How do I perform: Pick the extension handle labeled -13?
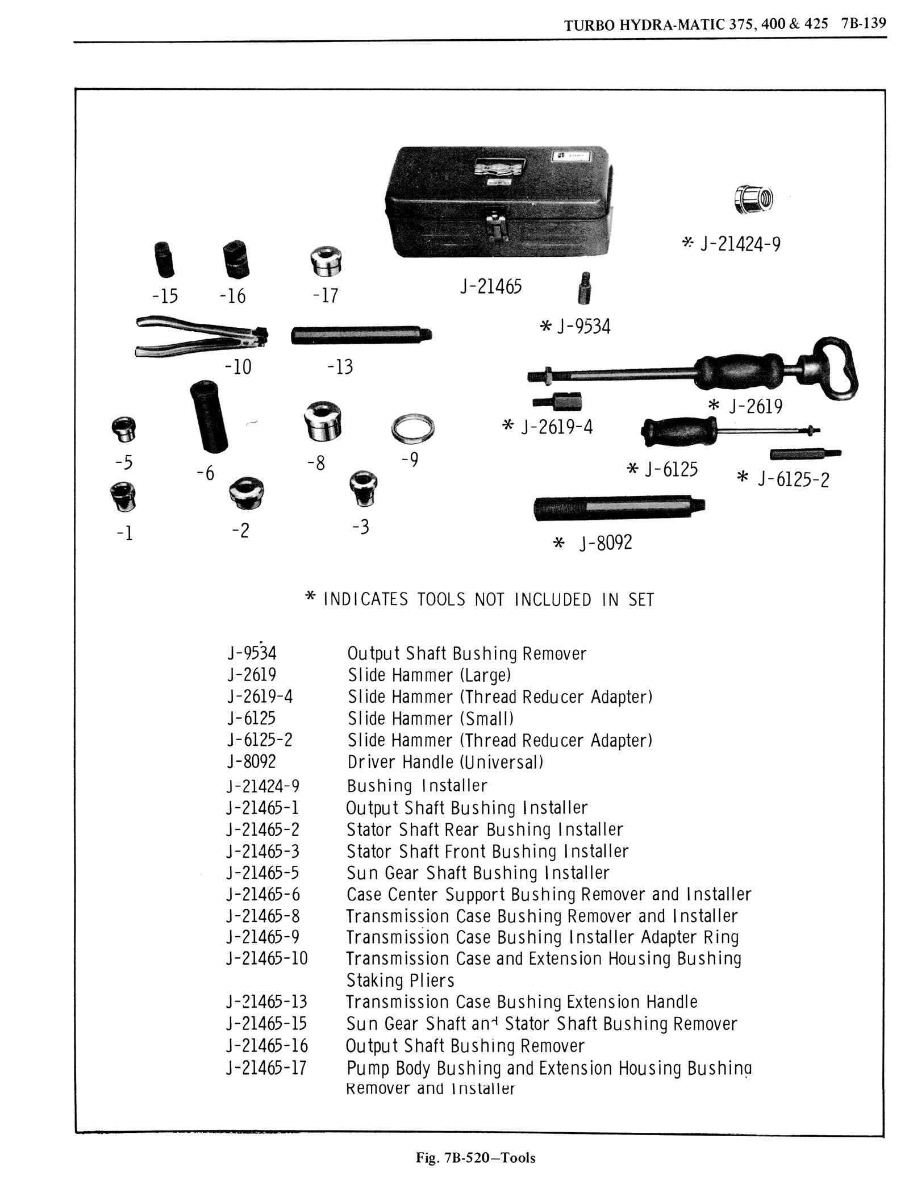pyautogui.click(x=361, y=335)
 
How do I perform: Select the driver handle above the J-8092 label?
pyautogui.click(x=619, y=507)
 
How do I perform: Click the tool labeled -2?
pyautogui.click(x=247, y=493)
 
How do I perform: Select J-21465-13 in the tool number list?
pyautogui.click(x=266, y=1002)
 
